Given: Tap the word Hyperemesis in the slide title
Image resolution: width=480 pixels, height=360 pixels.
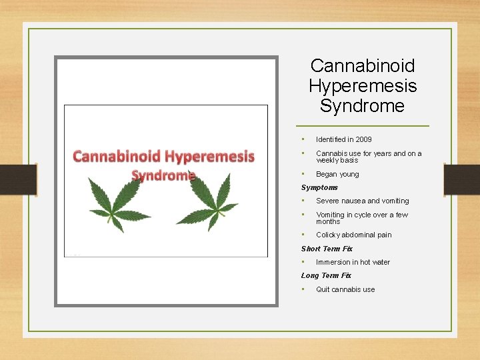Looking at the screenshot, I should pyautogui.click(x=363, y=86).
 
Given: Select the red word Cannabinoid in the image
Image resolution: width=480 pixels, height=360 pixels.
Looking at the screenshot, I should pyautogui.click(x=117, y=157).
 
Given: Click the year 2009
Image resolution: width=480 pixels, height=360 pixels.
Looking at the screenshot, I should pyautogui.click(x=363, y=139).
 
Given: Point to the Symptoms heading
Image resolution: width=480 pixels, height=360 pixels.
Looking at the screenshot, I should pyautogui.click(x=319, y=187).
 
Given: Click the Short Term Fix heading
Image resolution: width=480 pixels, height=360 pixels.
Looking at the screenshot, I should pyautogui.click(x=327, y=249).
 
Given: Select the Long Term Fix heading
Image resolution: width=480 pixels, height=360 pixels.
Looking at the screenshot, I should pyautogui.click(x=326, y=275).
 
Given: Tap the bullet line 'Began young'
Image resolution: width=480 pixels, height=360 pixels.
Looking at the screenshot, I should pyautogui.click(x=337, y=174).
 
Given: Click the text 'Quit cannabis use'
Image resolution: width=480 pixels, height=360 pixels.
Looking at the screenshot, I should pyautogui.click(x=345, y=289).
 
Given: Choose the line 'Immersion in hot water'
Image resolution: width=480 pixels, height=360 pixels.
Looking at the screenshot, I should pyautogui.click(x=353, y=262).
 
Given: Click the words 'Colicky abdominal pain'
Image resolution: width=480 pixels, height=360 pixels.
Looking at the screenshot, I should pyautogui.click(x=353, y=235).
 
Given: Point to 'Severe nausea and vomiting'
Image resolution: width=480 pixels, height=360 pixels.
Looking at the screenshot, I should pyautogui.click(x=362, y=201).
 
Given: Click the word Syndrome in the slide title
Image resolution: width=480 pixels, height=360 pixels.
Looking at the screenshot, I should pyautogui.click(x=362, y=106).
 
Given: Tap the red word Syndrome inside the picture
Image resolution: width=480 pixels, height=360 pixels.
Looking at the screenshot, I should pyautogui.click(x=163, y=175).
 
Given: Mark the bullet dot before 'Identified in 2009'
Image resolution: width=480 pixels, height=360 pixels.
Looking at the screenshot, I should pyautogui.click(x=303, y=139).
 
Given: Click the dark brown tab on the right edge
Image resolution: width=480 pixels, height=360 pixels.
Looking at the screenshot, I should pyautogui.click(x=461, y=179).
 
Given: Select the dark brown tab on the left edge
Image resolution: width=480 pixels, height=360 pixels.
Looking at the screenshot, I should pyautogui.click(x=18, y=179).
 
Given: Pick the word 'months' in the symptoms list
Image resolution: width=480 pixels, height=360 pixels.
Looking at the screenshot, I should pyautogui.click(x=328, y=221).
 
